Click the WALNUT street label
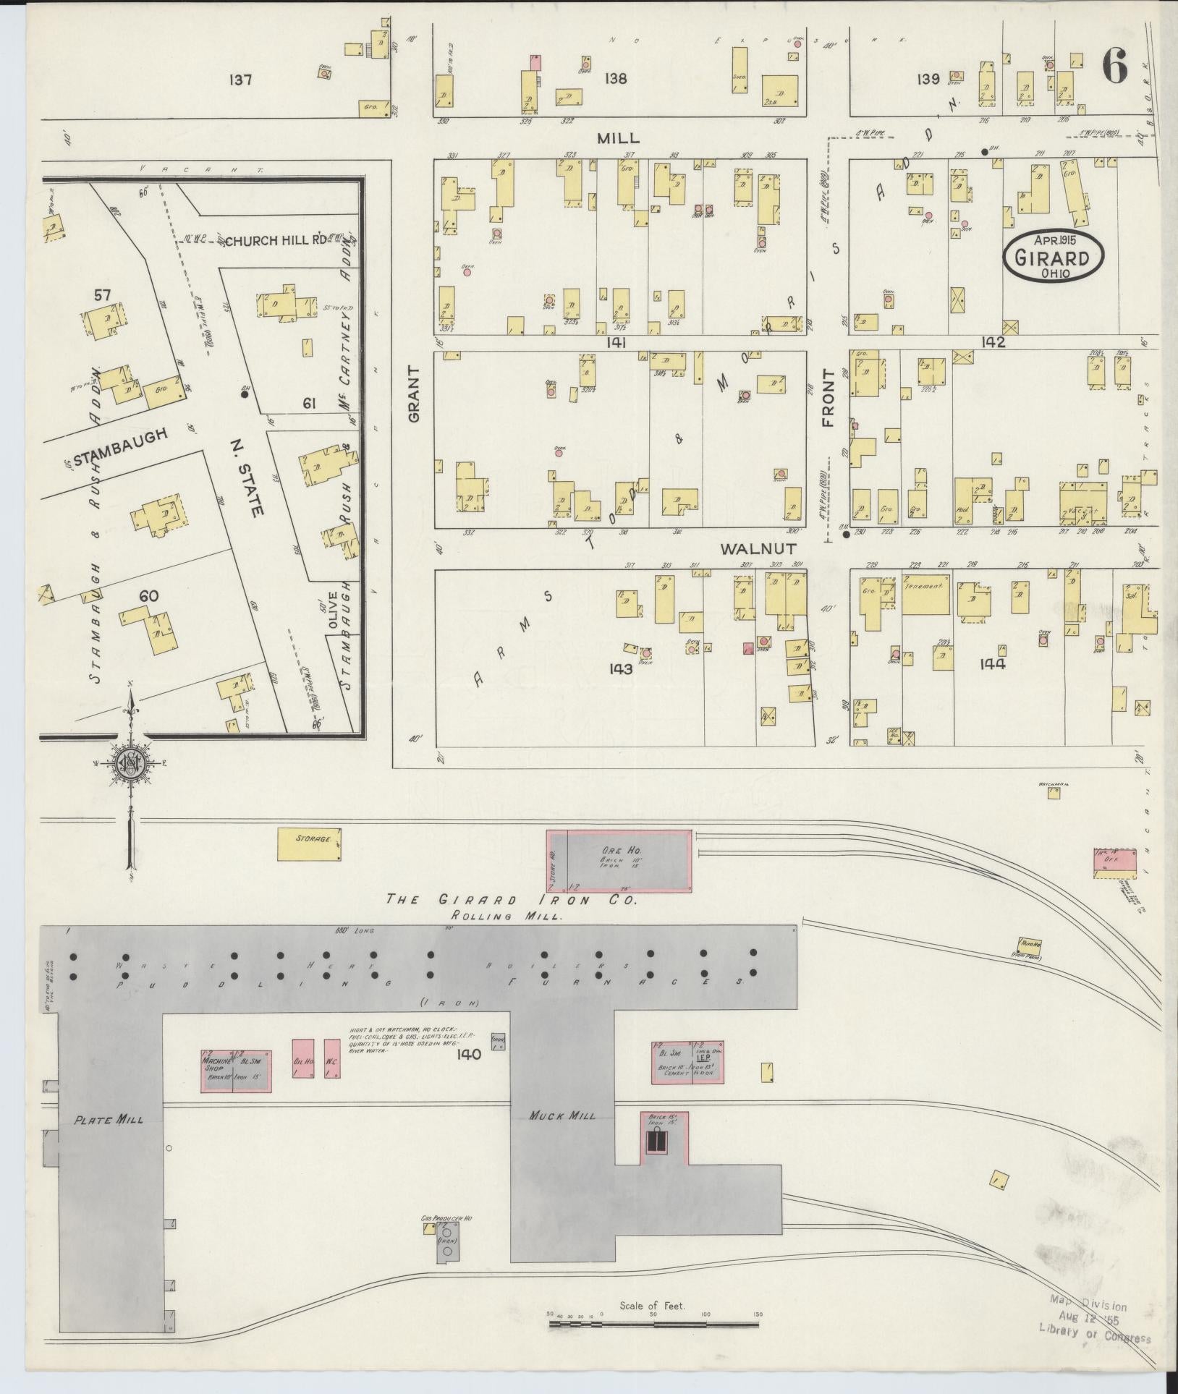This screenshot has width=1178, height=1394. pos(758,549)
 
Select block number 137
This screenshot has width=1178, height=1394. pos(239,80)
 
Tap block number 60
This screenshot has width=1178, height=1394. pos(149,595)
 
